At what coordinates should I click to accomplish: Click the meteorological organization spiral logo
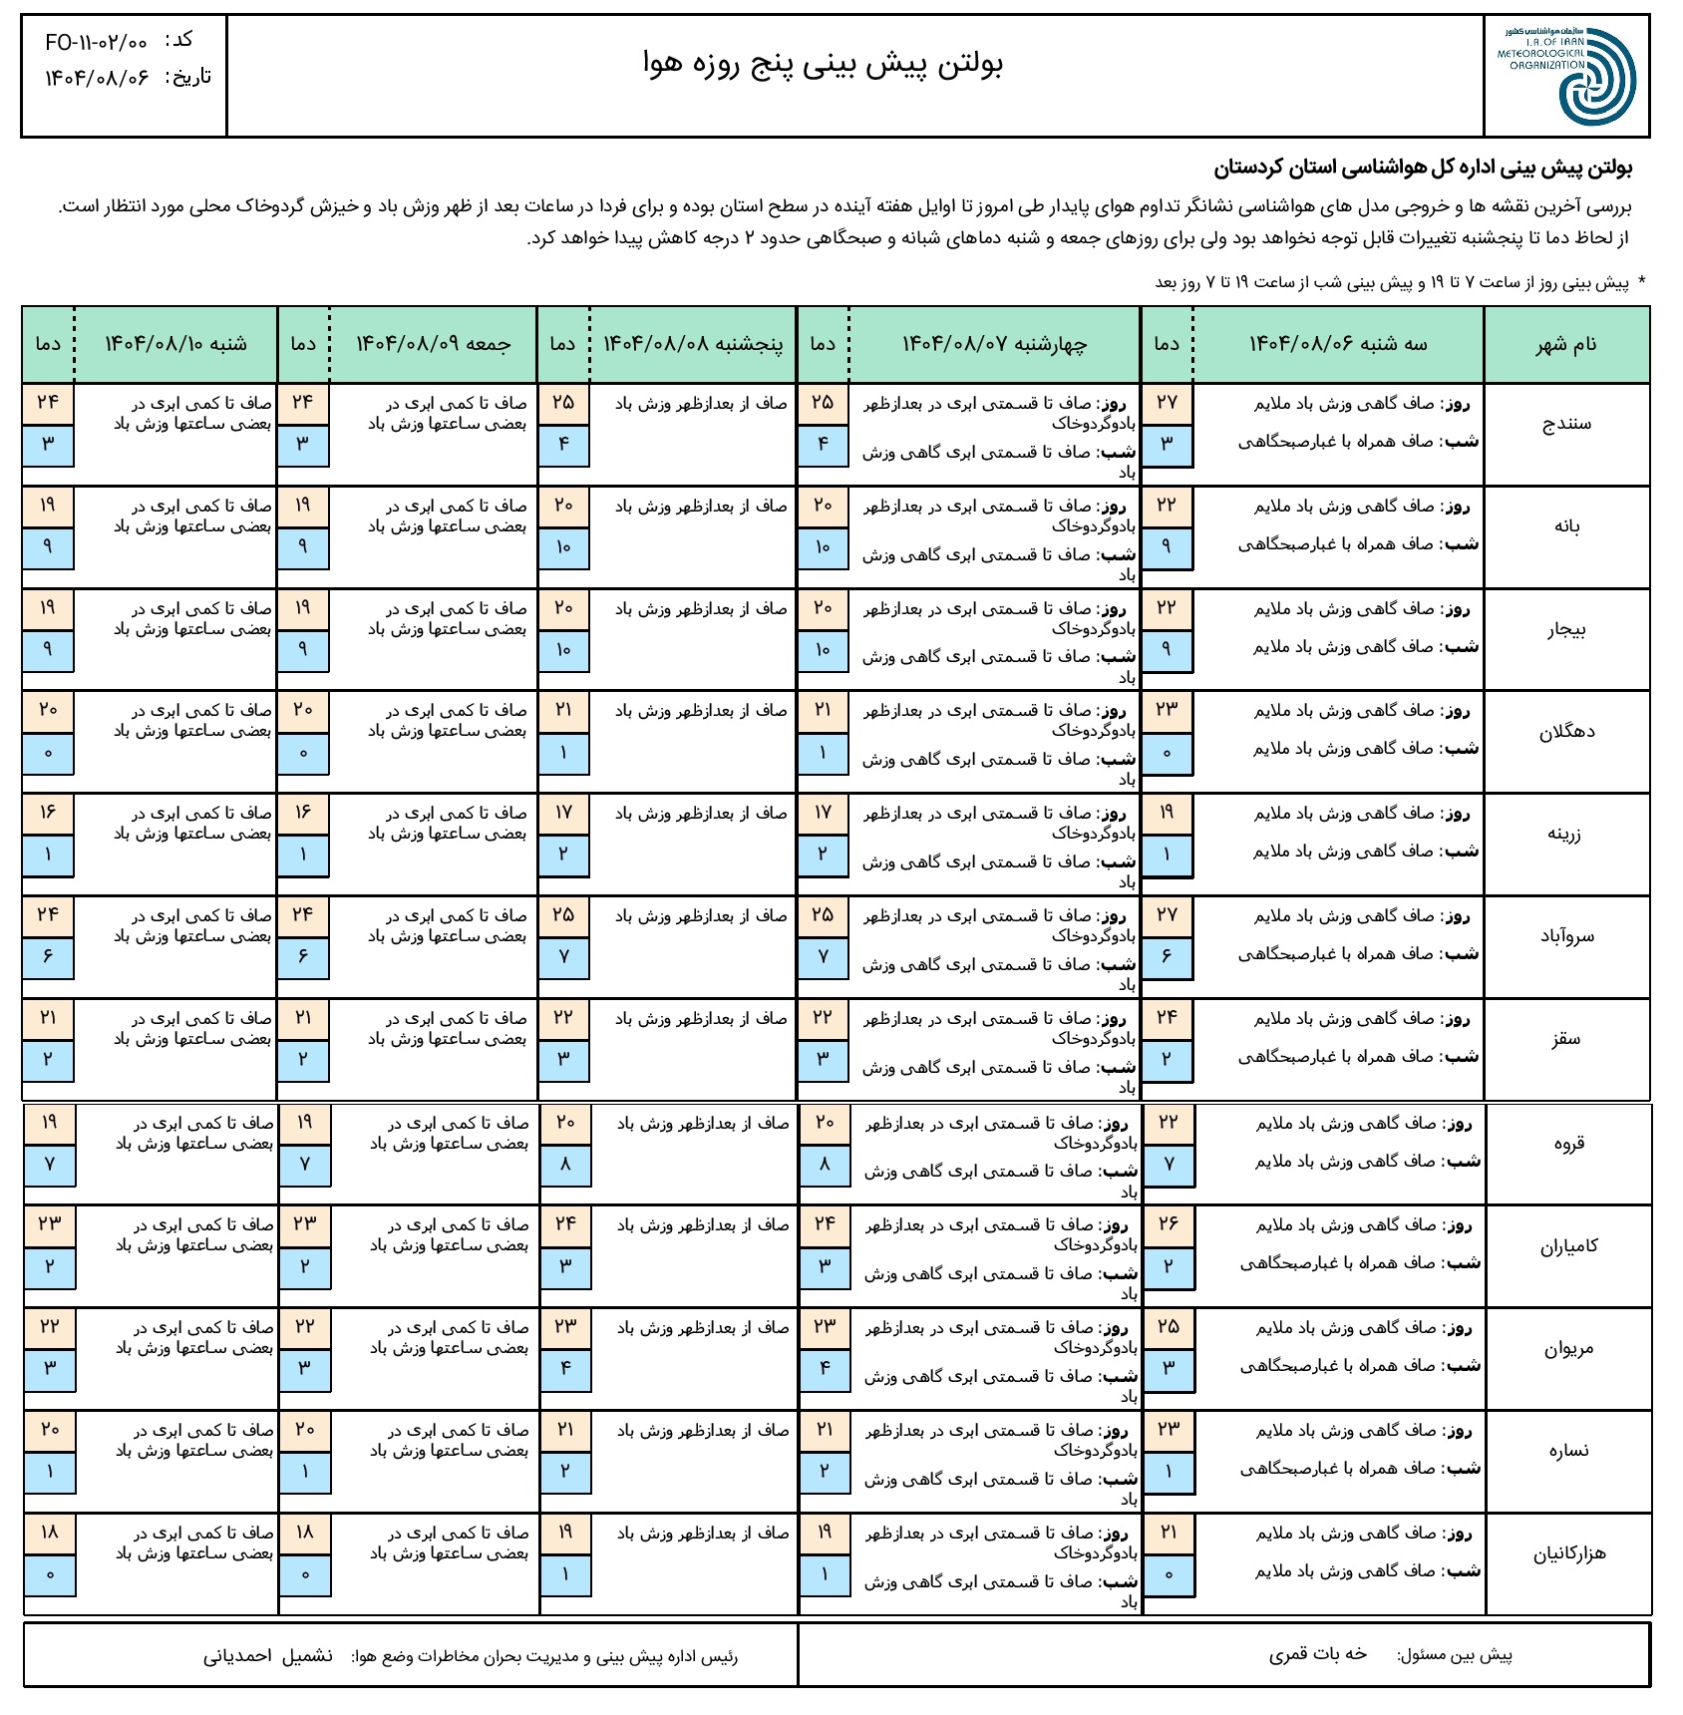(x=1596, y=77)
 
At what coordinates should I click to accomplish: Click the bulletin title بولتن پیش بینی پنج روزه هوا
(x=824, y=64)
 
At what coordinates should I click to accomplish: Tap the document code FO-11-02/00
(x=97, y=42)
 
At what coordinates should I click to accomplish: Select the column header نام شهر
(x=1566, y=345)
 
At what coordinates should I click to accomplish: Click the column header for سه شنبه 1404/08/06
(x=1338, y=345)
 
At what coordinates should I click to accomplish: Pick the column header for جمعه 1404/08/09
(x=434, y=345)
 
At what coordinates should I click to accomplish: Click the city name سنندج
(x=1566, y=424)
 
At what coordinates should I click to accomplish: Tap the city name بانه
(x=1567, y=526)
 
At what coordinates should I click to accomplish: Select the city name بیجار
(x=1566, y=629)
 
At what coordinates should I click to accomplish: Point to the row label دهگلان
(x=1566, y=732)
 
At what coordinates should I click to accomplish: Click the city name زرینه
(x=1566, y=835)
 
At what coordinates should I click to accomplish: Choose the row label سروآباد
(x=1566, y=937)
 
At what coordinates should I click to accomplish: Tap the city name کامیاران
(x=1568, y=1246)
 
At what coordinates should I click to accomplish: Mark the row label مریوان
(x=1568, y=1349)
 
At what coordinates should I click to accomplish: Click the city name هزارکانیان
(x=1569, y=1553)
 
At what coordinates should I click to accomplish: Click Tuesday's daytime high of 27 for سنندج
(x=1167, y=403)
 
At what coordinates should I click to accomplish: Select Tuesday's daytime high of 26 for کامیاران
(x=1169, y=1224)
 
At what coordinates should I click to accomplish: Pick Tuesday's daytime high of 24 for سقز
(x=1167, y=1018)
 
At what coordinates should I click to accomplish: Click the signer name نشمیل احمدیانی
(x=268, y=1656)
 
